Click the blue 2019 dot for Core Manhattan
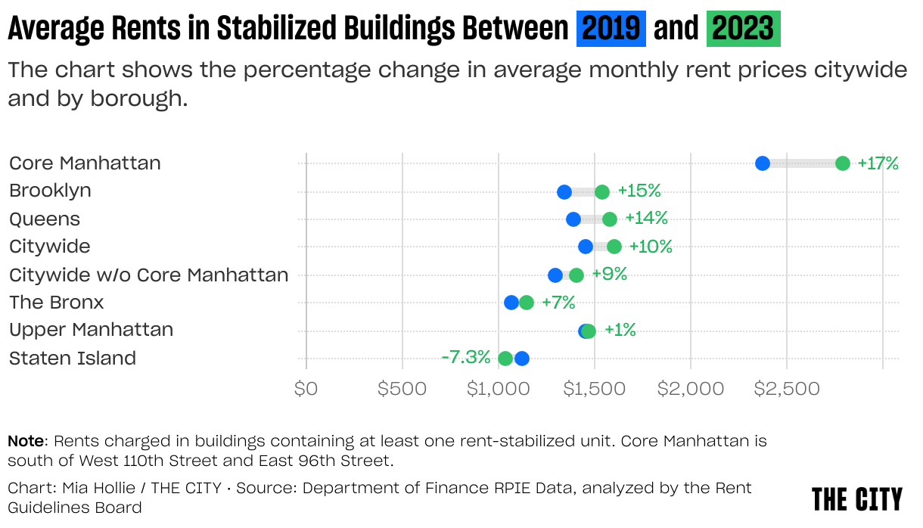(x=763, y=163)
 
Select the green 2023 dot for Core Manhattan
(x=842, y=163)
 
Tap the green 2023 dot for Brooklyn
(x=601, y=191)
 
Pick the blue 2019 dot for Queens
(x=573, y=219)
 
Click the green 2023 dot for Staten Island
(x=505, y=359)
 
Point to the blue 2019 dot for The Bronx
(x=511, y=303)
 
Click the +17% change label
(x=878, y=163)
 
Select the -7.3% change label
(x=465, y=357)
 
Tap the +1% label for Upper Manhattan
(x=620, y=330)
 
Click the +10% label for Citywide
(x=650, y=247)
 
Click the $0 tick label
(x=306, y=389)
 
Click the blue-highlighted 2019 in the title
(x=611, y=30)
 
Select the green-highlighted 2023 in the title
(x=743, y=30)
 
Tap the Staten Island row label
(x=73, y=359)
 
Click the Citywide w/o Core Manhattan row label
(x=149, y=275)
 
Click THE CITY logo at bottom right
(x=857, y=499)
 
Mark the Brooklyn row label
(x=50, y=191)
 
